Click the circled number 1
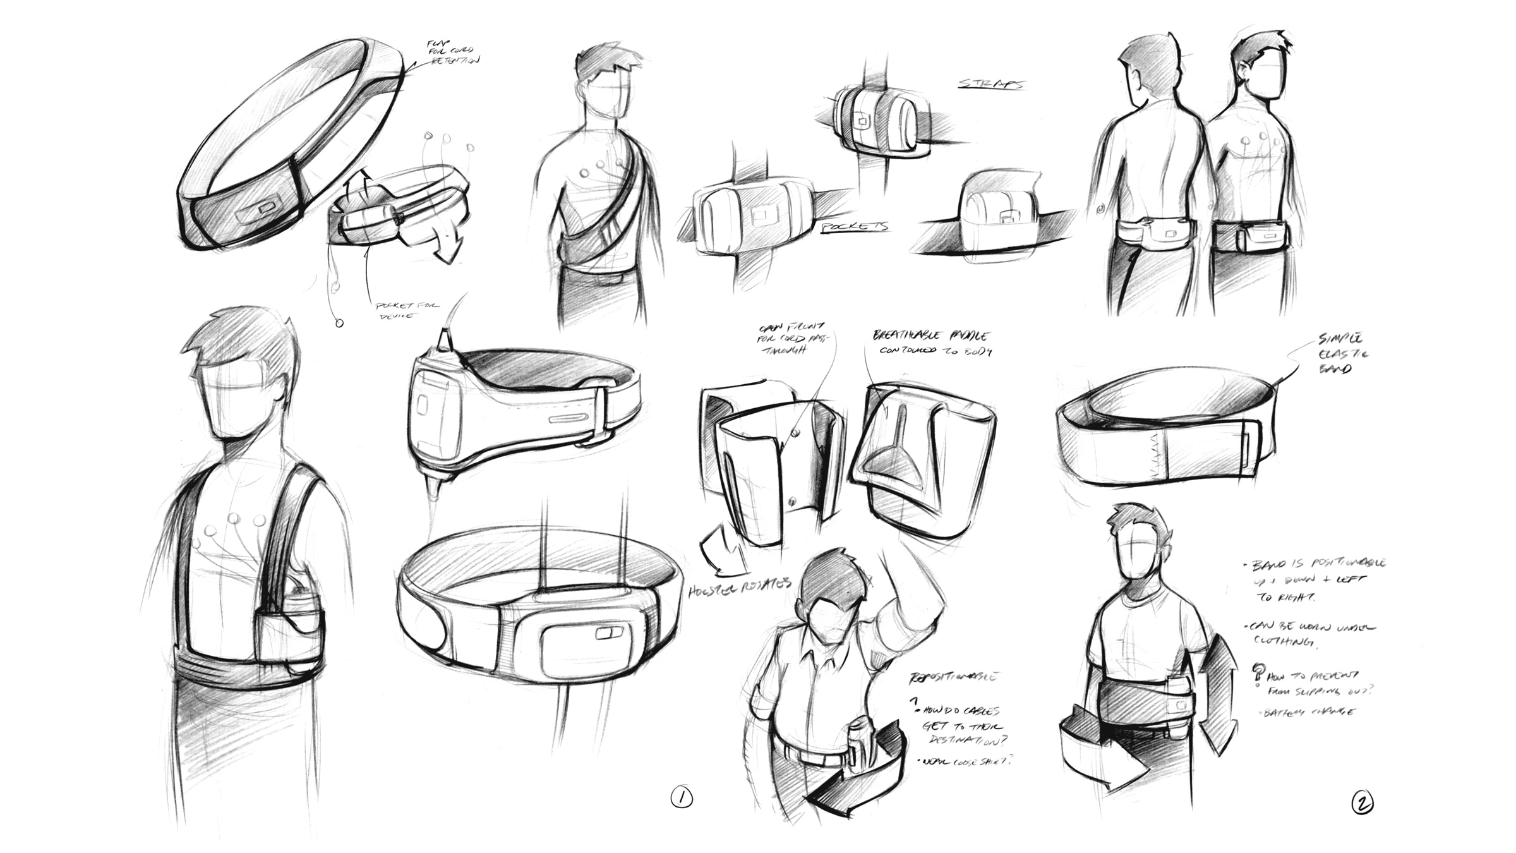[x=681, y=798]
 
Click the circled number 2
[x=1362, y=804]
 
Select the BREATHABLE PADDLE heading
[x=931, y=336]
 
